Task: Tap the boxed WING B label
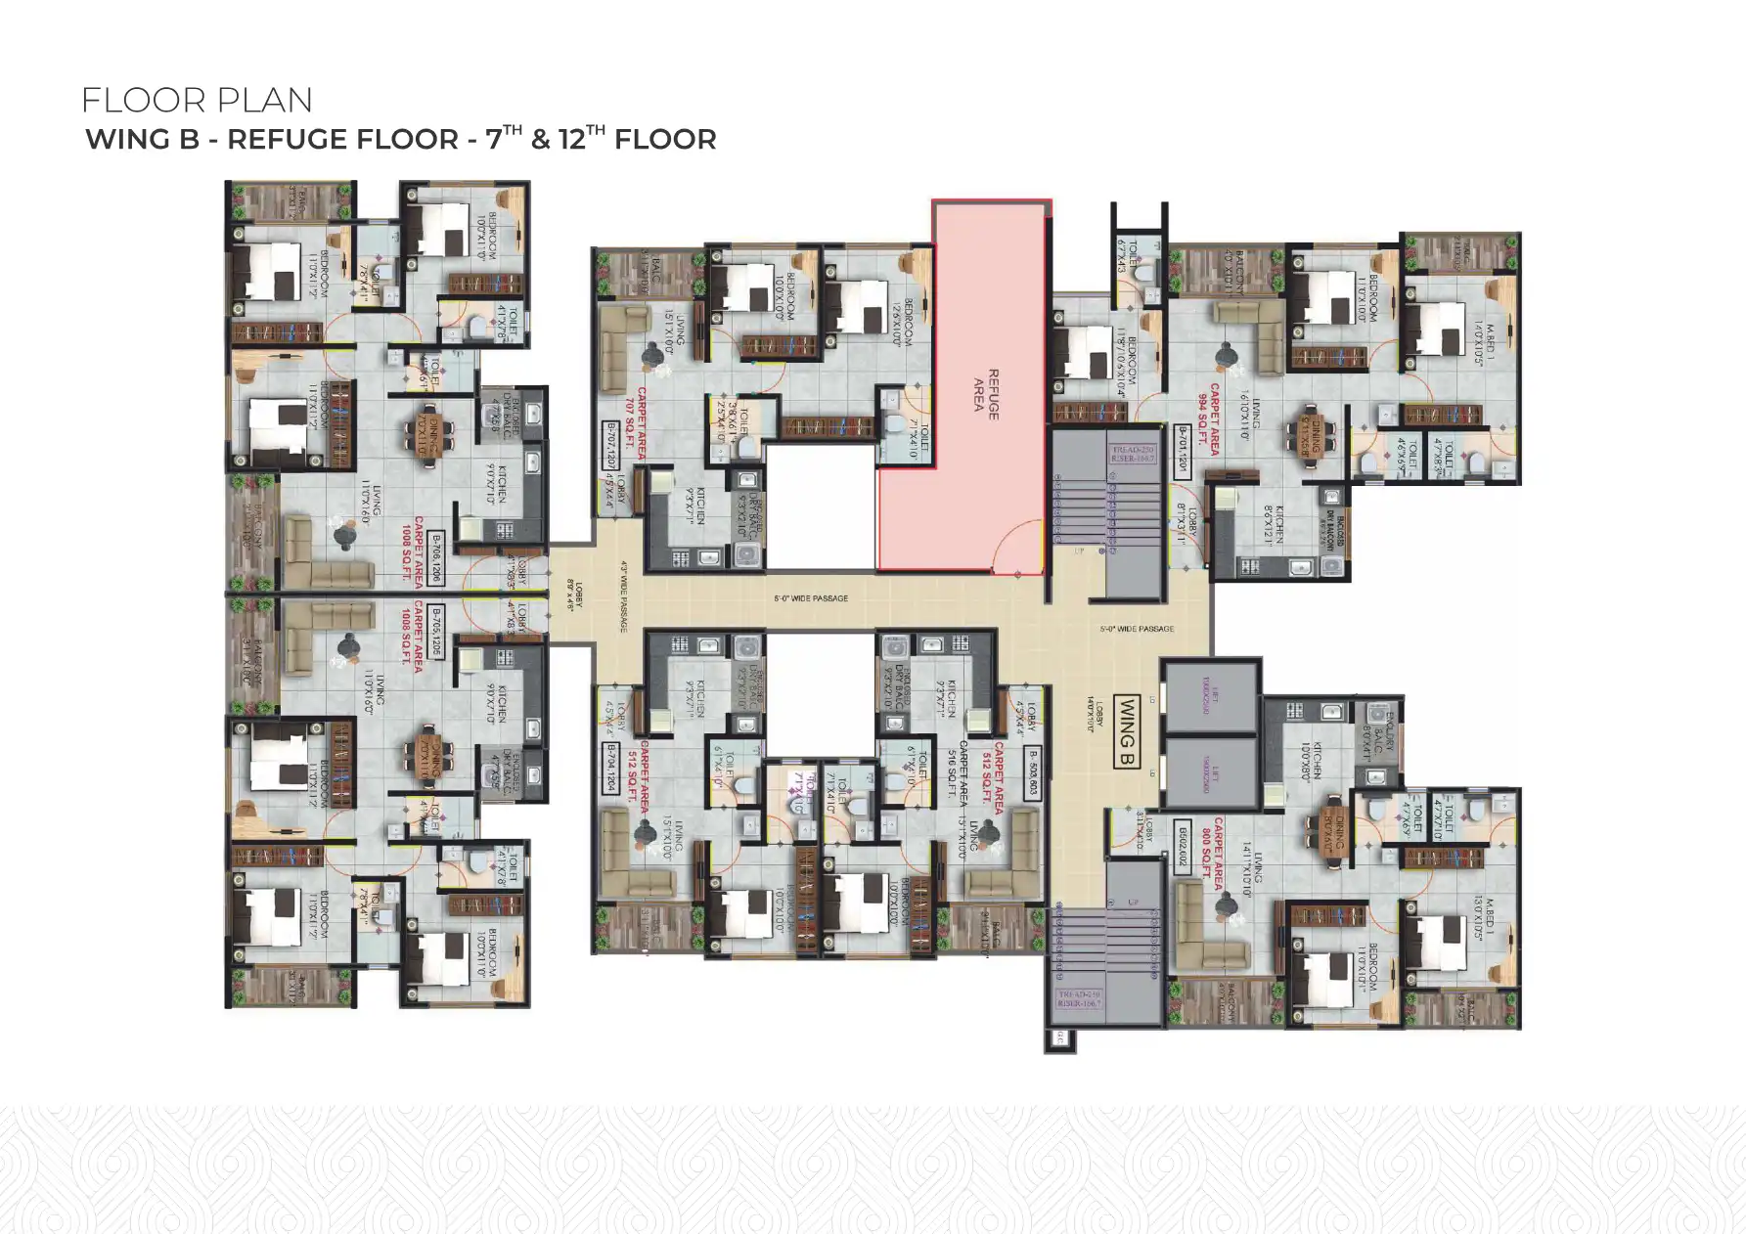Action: point(1126,730)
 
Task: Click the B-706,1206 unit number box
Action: point(435,557)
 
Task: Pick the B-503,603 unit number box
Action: point(1031,774)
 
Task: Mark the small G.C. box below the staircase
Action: point(1059,1039)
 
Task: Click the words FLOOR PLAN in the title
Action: point(197,100)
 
